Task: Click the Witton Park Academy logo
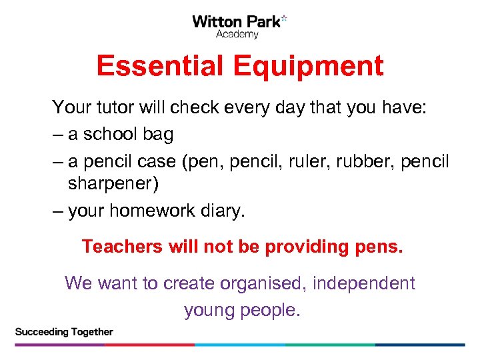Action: [x=239, y=26]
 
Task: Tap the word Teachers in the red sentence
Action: [x=122, y=247]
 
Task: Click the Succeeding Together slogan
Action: [x=64, y=331]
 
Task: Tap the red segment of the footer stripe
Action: [x=149, y=345]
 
